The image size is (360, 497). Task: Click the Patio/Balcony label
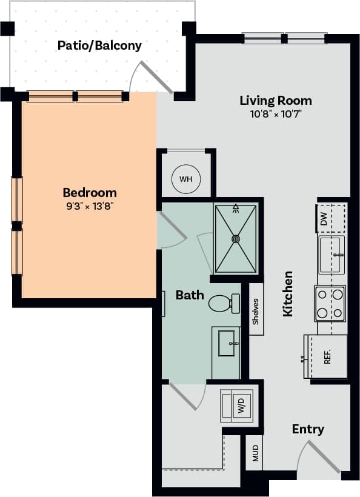pyautogui.click(x=99, y=45)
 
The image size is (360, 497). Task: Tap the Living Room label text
pyautogui.click(x=276, y=101)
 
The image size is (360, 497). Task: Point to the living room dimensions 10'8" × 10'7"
pyautogui.click(x=276, y=114)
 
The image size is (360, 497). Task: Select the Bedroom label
pyautogui.click(x=89, y=193)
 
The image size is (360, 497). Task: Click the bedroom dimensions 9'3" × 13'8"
pyautogui.click(x=89, y=205)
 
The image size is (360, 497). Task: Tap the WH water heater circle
pyautogui.click(x=185, y=179)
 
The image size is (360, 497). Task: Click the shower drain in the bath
pyautogui.click(x=236, y=239)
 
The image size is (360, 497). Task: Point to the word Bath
pyautogui.click(x=190, y=295)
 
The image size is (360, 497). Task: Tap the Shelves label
pyautogui.click(x=256, y=310)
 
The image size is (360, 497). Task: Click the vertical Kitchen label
pyautogui.click(x=288, y=293)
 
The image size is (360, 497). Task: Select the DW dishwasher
pyautogui.click(x=324, y=218)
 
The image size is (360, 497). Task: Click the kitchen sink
pyautogui.click(x=332, y=255)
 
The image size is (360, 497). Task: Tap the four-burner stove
pyautogui.click(x=330, y=304)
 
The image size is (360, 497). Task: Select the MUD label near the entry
pyautogui.click(x=255, y=453)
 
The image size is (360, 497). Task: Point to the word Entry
pyautogui.click(x=308, y=429)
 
